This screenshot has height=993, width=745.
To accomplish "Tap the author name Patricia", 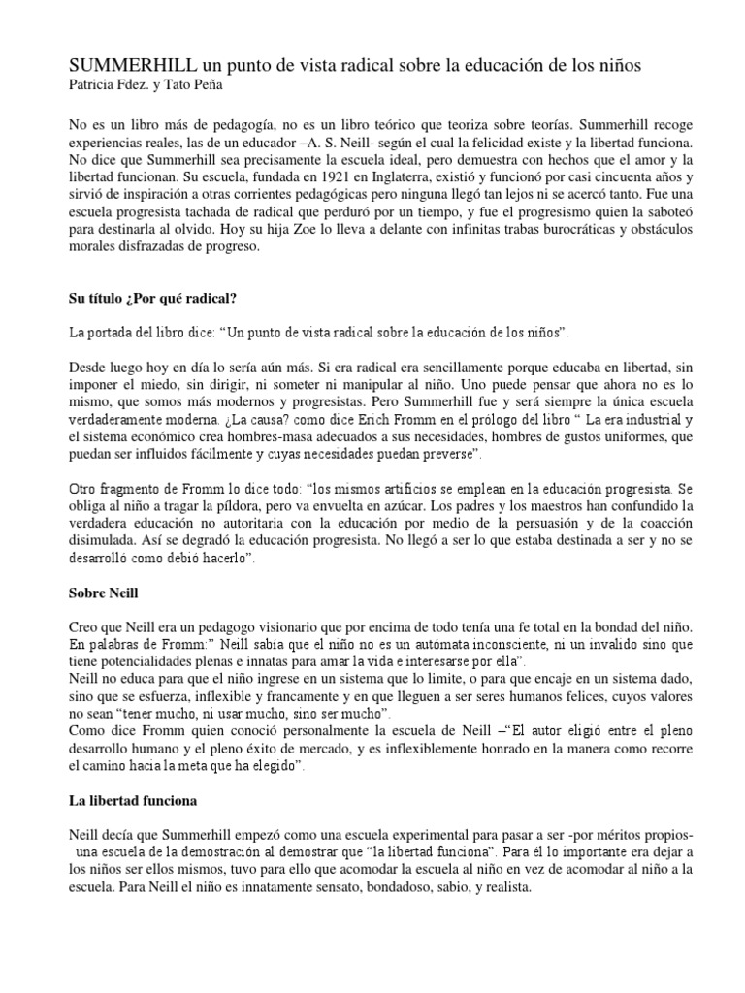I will [x=99, y=85].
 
